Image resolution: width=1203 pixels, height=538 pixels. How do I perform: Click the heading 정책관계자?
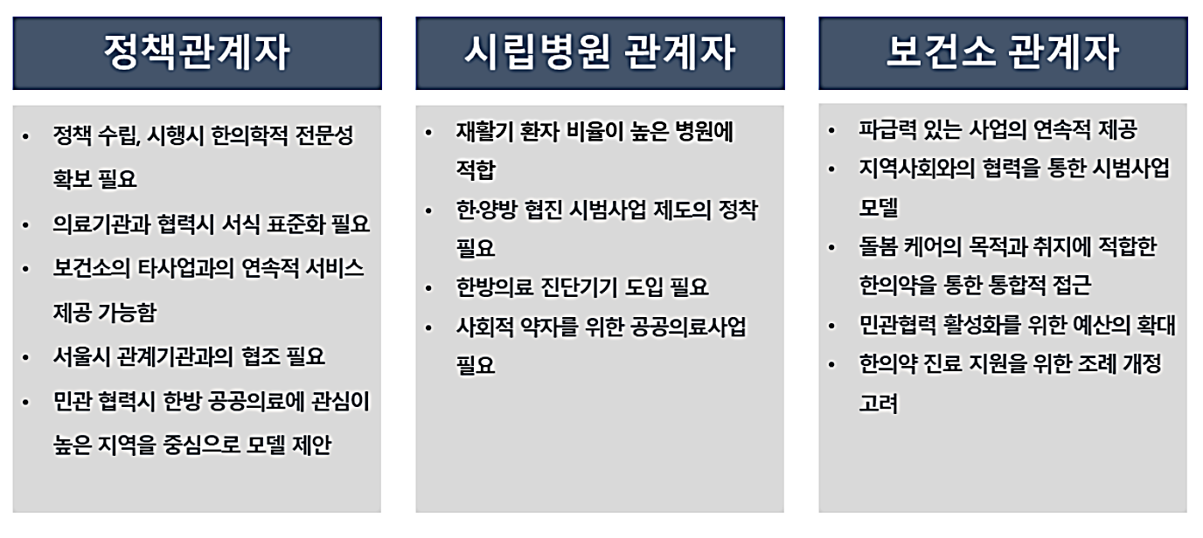coord(197,53)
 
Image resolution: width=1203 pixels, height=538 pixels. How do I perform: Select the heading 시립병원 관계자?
coord(600,53)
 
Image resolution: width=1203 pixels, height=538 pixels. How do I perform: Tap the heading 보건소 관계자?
coord(1003,53)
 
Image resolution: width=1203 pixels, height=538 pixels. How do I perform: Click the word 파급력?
coord(887,130)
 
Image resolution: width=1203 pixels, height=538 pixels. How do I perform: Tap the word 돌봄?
coord(878,247)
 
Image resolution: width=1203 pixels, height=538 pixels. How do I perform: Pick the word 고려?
coord(878,403)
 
